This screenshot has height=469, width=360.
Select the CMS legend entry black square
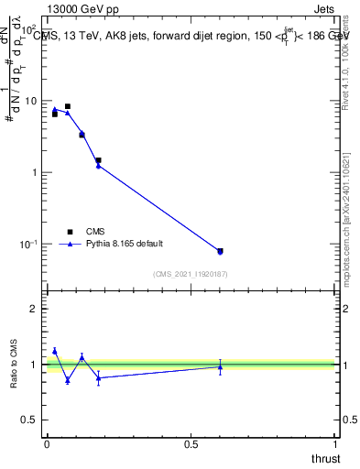[x=67, y=232]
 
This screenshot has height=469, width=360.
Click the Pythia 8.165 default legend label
[x=127, y=245]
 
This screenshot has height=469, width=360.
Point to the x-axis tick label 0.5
[x=191, y=444]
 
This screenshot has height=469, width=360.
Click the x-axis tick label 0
[x=47, y=444]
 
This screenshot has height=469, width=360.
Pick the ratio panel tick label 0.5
[x=28, y=420]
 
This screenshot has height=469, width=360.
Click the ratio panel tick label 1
[x=34, y=365]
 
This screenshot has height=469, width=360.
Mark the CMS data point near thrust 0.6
[x=220, y=251]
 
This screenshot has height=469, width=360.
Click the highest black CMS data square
[x=68, y=106]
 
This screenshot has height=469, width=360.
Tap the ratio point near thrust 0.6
[x=220, y=366]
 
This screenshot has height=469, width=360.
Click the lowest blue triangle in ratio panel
[x=68, y=380]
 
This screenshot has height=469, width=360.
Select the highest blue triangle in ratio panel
[x=55, y=351]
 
